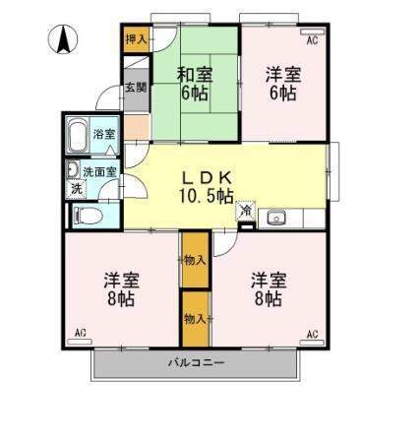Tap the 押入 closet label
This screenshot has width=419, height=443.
pos(137,40)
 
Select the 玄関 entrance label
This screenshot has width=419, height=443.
pos(136,89)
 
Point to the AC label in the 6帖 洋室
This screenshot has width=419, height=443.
pos(312,40)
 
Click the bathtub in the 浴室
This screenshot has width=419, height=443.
pos(79,134)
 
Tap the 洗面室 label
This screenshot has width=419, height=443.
pos(99,171)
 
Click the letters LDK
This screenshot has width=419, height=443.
pos(207,177)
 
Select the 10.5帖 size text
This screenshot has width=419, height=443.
pos(207,195)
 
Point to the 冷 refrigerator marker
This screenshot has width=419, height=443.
pos(244,210)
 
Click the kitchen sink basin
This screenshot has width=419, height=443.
pos(274,218)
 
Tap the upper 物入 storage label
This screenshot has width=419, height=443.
pos(194,260)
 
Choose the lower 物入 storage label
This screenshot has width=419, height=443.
pos(194,318)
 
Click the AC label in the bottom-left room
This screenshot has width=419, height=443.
pos(80,335)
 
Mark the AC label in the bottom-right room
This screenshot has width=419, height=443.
pos(312,335)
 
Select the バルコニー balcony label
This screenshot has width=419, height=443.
pos(195,363)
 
